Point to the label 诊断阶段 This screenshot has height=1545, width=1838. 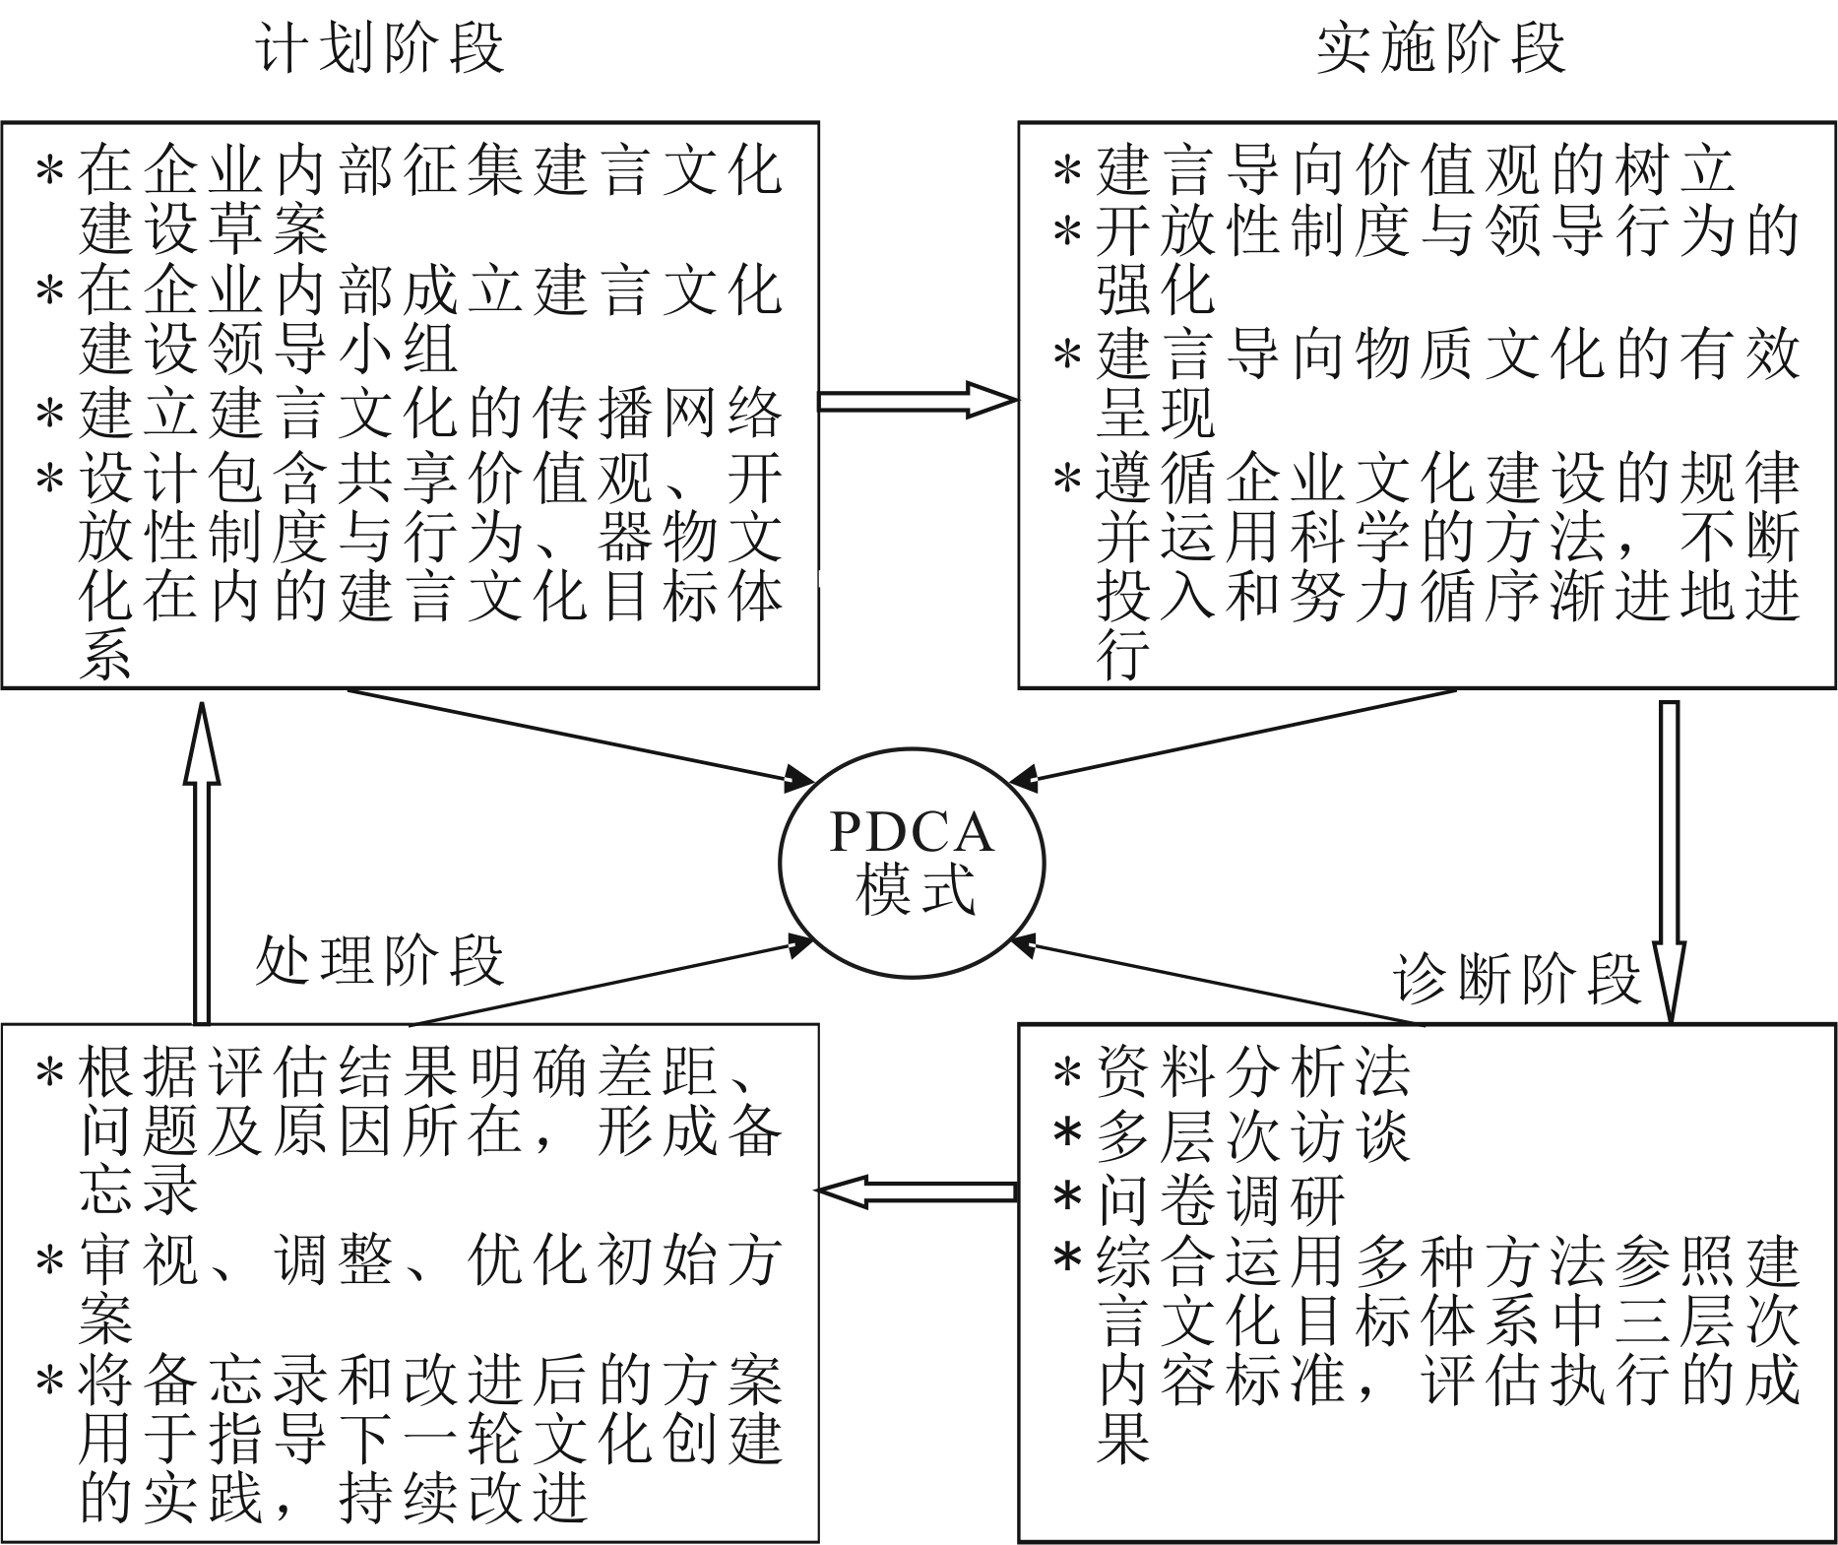point(1517,979)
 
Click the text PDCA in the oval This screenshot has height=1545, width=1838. point(911,833)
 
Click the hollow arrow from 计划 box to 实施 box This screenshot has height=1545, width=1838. point(916,401)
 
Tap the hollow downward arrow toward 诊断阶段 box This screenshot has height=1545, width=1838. point(1669,857)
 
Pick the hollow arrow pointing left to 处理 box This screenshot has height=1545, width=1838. point(916,1191)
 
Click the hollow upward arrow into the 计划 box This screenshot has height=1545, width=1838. point(202,857)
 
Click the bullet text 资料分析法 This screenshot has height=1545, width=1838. point(1252,1072)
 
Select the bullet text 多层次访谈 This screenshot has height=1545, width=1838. point(1252,1135)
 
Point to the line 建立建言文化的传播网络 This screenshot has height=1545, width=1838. point(430,415)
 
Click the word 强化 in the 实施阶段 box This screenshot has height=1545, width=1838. point(1156,290)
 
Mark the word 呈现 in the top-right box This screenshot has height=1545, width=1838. point(1156,415)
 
